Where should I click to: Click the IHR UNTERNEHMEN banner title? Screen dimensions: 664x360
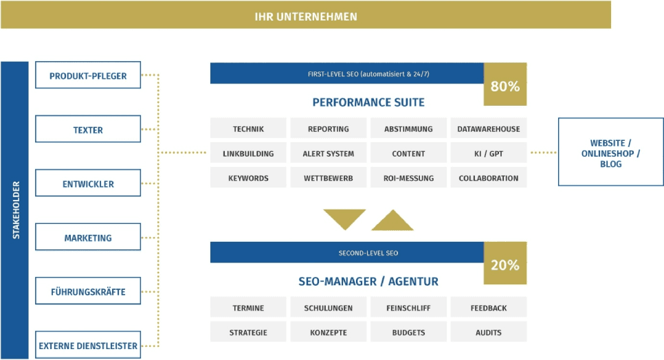(x=306, y=16)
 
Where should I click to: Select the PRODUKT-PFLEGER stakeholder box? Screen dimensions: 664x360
(x=88, y=76)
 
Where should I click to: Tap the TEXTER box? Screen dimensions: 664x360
(x=88, y=129)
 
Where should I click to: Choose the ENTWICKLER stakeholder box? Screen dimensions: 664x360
(x=88, y=183)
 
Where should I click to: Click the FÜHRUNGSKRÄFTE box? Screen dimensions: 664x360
(x=88, y=291)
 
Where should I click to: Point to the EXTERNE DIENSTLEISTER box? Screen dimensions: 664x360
(x=88, y=345)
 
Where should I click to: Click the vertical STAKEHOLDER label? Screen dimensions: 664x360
(x=16, y=210)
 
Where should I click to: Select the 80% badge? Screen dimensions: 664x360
(x=505, y=85)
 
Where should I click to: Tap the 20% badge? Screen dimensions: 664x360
(x=505, y=263)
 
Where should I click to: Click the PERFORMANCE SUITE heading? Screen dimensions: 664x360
(x=368, y=102)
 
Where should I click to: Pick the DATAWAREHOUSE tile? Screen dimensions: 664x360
(x=489, y=128)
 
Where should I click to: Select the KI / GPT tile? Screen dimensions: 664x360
(x=489, y=153)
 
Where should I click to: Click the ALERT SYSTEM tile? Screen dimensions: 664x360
(x=328, y=153)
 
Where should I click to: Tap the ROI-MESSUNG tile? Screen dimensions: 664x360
(x=409, y=177)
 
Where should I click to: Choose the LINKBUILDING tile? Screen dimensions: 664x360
(x=248, y=153)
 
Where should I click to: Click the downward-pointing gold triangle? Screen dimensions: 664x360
(x=344, y=218)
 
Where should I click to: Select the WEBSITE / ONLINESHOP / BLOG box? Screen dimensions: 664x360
(x=610, y=152)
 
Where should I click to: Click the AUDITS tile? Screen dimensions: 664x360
(x=489, y=332)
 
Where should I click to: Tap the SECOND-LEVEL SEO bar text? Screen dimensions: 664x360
(x=368, y=253)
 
